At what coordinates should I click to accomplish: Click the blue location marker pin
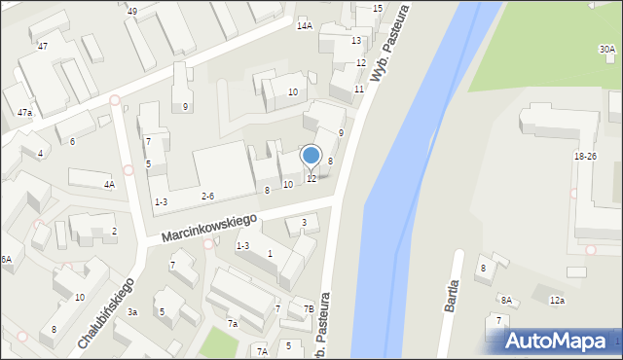pyautogui.click(x=311, y=156)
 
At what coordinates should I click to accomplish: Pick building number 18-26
pyautogui.click(x=585, y=156)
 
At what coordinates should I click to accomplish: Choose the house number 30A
pyautogui.click(x=606, y=49)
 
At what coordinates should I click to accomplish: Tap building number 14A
pyautogui.click(x=305, y=25)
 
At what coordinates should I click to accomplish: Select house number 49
pyautogui.click(x=131, y=11)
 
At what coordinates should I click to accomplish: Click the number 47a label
pyautogui.click(x=23, y=113)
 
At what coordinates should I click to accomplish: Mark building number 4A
pyautogui.click(x=109, y=184)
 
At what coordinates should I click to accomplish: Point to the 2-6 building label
pyautogui.click(x=207, y=196)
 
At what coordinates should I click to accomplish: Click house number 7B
pyautogui.click(x=309, y=309)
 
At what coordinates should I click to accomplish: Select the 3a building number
pyautogui.click(x=131, y=311)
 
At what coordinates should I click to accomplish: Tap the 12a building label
pyautogui.click(x=557, y=301)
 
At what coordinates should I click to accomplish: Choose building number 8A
pyautogui.click(x=506, y=301)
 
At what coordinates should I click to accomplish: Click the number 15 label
pyautogui.click(x=378, y=8)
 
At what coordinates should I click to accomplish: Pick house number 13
pyautogui.click(x=356, y=40)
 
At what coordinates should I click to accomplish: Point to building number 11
pyautogui.click(x=359, y=89)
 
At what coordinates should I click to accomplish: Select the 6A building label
pyautogui.click(x=6, y=259)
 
